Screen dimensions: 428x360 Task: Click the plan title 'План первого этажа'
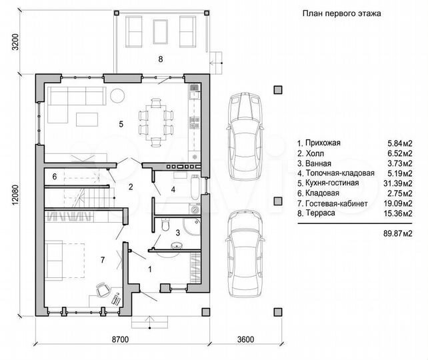(341, 13)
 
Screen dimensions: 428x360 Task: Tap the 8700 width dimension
(121, 339)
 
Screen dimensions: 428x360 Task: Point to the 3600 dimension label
(245, 339)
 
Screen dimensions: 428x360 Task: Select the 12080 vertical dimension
(16, 195)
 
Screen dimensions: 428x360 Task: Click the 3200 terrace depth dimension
(16, 42)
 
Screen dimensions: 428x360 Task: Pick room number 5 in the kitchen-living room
(121, 124)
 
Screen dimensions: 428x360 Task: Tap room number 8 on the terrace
(161, 59)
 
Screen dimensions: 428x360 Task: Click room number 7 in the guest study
(103, 260)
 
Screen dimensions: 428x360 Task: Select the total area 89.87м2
(398, 233)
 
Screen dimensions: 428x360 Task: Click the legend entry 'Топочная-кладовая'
(340, 173)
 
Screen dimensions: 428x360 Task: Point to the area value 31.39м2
(398, 183)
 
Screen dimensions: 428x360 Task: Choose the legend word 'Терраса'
(320, 213)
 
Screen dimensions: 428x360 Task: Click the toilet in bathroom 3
(166, 225)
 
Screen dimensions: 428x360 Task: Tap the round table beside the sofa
(117, 96)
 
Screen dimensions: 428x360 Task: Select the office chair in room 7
(103, 289)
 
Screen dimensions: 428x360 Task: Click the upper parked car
(245, 136)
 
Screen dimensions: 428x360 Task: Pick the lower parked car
(245, 253)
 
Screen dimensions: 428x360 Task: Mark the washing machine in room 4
(195, 209)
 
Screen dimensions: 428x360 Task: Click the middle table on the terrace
(160, 31)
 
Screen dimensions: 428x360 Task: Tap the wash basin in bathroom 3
(176, 246)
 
